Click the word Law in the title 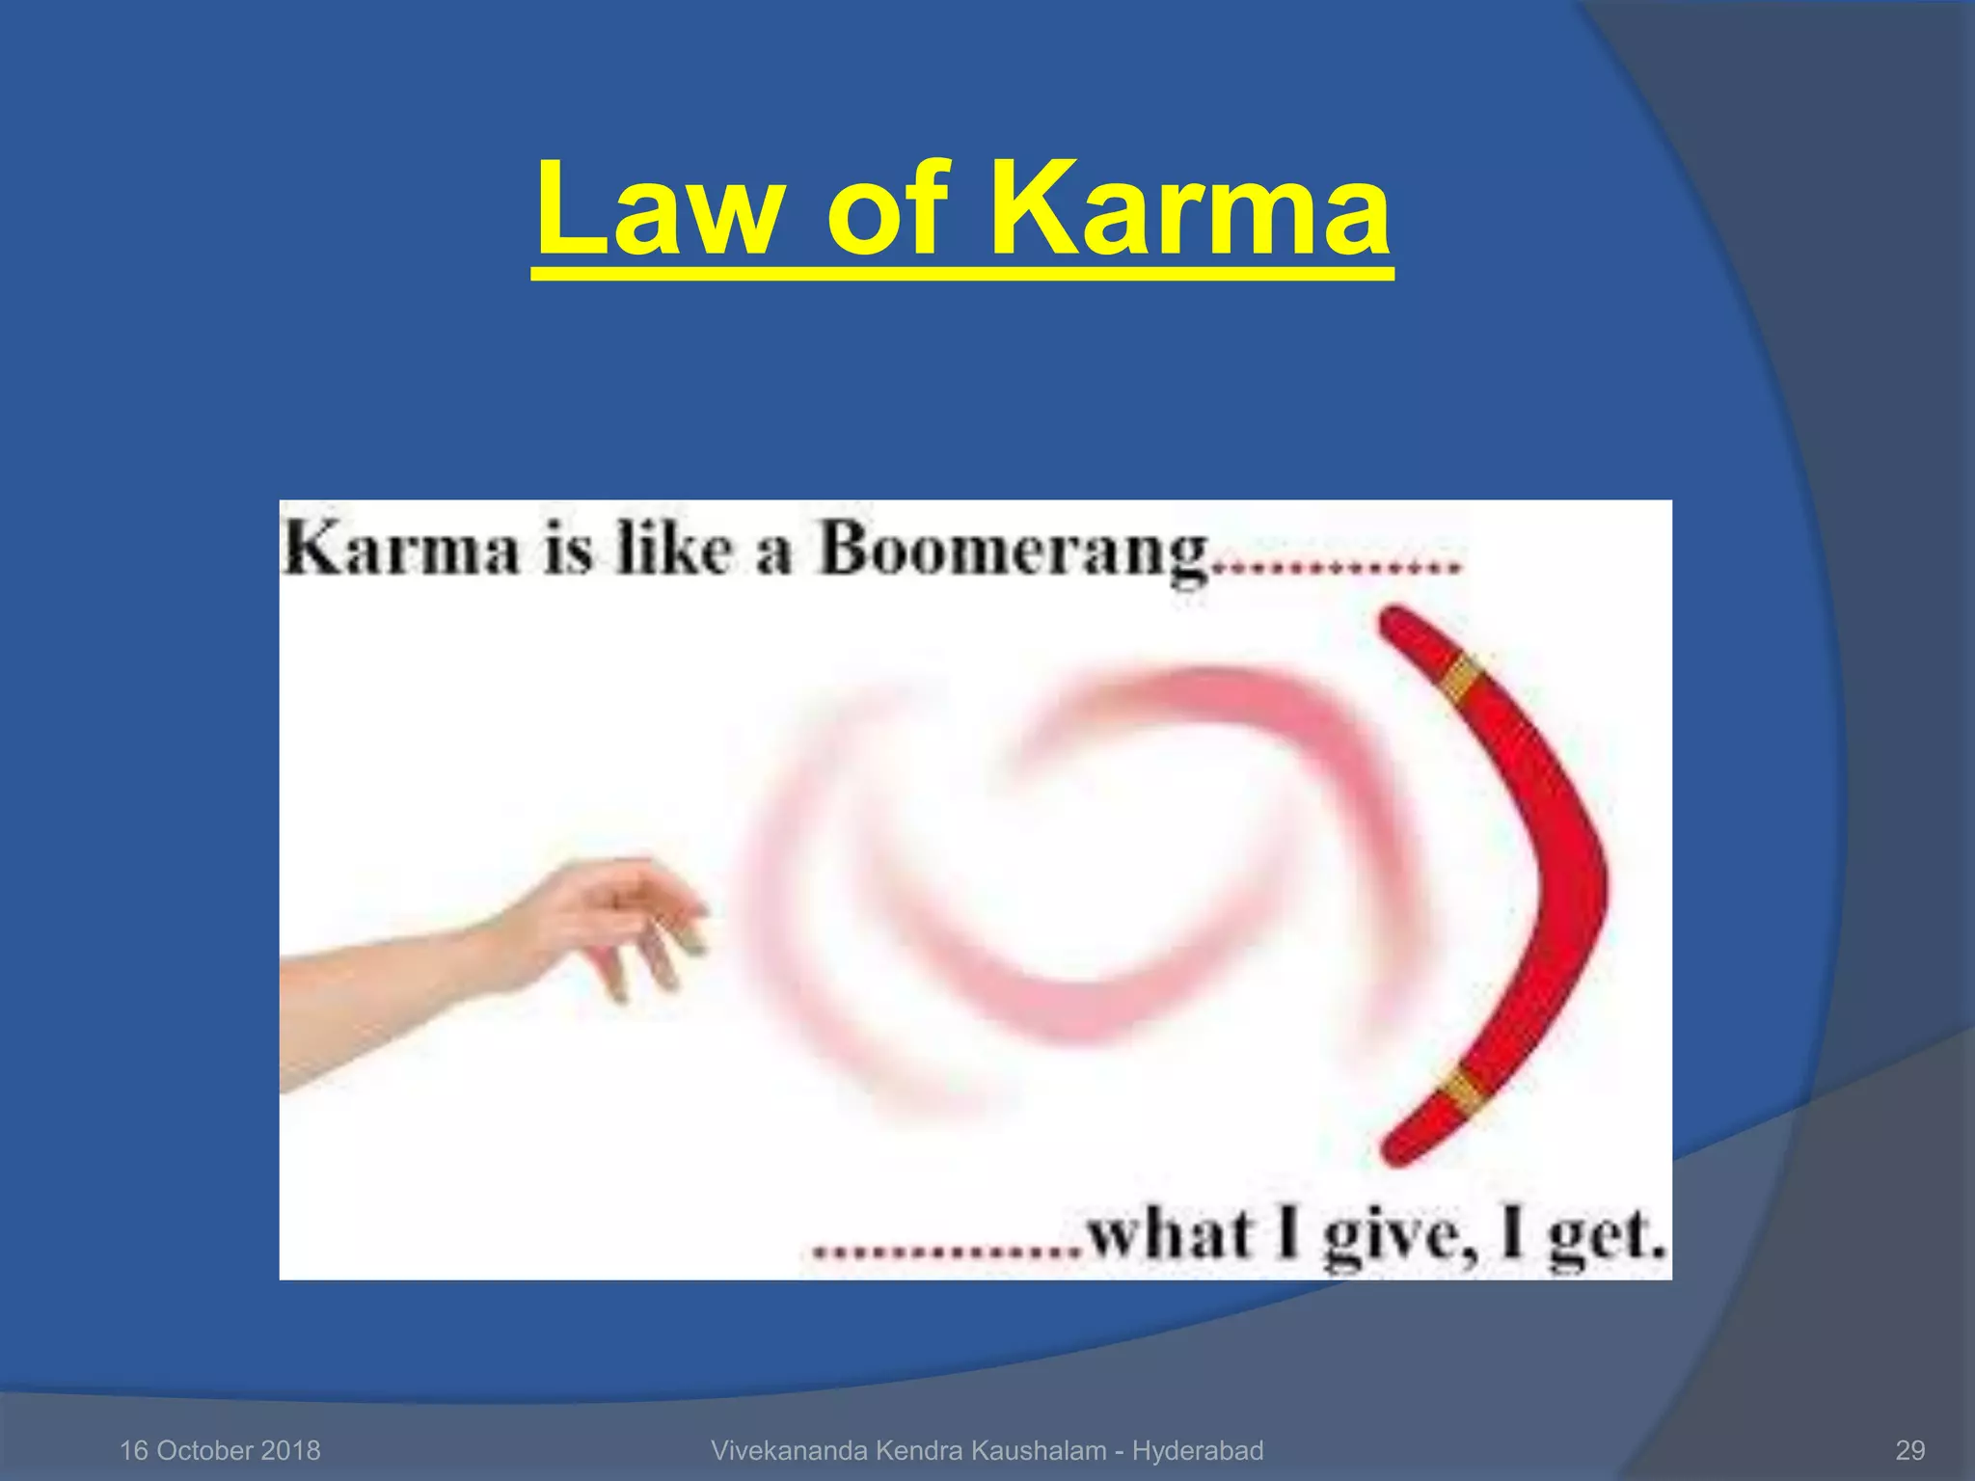(656, 207)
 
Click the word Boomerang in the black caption (1013, 552)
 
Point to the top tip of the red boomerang (1394, 620)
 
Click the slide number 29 (1910, 1450)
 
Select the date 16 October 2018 (220, 1450)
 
